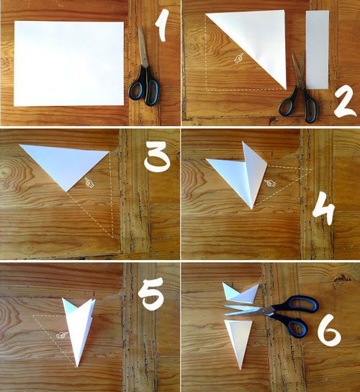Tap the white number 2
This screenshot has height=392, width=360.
(345, 102)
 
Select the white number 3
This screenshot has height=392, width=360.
(157, 156)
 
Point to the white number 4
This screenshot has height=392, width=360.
(324, 213)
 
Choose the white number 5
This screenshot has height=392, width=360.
(151, 294)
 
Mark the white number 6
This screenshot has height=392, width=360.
(330, 330)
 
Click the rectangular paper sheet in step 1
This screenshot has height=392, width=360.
(68, 63)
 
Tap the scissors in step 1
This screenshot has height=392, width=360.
(144, 68)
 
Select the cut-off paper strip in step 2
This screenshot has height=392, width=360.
(318, 50)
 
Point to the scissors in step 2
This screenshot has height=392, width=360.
(299, 87)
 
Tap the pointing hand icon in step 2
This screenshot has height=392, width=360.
(238, 58)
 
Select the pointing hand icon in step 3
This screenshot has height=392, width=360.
(89, 183)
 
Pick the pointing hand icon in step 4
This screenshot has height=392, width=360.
(270, 183)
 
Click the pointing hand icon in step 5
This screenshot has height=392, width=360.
(62, 335)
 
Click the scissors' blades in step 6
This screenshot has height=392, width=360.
(248, 310)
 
